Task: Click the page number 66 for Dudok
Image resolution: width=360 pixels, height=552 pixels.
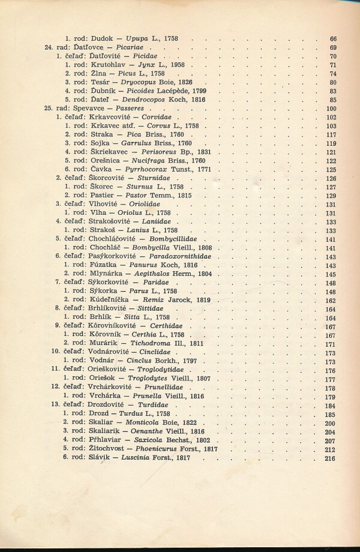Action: point(333,38)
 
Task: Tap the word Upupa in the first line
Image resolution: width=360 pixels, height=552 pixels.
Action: point(139,38)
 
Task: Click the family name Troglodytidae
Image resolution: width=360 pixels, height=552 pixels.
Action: point(166,370)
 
